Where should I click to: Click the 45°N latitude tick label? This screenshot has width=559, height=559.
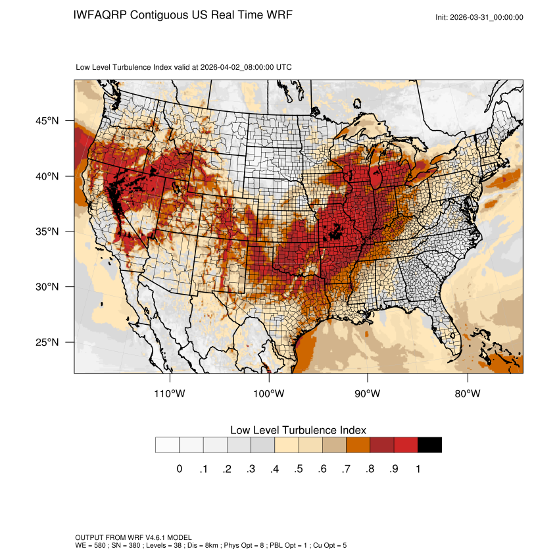47,121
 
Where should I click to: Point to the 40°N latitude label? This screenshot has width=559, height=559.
47,176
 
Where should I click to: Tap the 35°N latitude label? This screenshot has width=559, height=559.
47,231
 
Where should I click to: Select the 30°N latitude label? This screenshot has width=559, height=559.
47,287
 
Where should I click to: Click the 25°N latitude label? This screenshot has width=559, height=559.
47,342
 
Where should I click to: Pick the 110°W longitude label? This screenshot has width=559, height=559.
170,394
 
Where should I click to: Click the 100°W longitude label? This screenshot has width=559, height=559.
269,394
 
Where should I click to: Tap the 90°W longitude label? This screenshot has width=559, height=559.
368,394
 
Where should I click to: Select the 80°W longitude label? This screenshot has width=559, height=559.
467,394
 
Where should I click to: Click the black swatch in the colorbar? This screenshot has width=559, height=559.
429,445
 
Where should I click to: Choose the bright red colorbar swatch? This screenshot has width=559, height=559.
406,445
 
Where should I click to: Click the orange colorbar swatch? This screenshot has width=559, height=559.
358,445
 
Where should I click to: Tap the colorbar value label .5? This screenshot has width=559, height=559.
299,469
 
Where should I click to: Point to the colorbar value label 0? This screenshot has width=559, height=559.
179,469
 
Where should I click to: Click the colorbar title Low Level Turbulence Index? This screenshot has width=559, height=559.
298,429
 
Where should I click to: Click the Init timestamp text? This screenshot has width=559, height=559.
479,17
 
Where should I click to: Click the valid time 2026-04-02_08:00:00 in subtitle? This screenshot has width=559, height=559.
246,67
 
